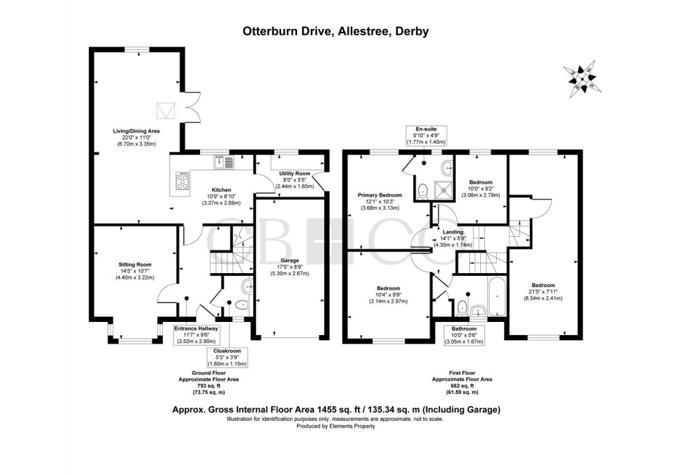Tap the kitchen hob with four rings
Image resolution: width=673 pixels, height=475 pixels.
pyautogui.click(x=183, y=181)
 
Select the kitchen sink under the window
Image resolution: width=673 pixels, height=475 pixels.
pyautogui.click(x=223, y=162)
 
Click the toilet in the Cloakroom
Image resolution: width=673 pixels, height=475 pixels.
pyautogui.click(x=241, y=305)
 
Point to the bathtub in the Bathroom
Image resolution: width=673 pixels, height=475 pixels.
pyautogui.click(x=497, y=296)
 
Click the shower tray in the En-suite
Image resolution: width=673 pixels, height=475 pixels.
pyautogui.click(x=444, y=190)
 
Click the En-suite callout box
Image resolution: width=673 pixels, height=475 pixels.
pyautogui.click(x=426, y=135)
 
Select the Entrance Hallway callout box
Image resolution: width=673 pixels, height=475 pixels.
pyautogui.click(x=196, y=335)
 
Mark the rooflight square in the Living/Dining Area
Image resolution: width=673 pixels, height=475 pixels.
pyautogui.click(x=166, y=110)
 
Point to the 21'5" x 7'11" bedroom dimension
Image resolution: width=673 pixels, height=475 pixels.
pyautogui.click(x=543, y=292)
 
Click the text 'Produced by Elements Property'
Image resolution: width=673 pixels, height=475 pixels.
pyautogui.click(x=336, y=426)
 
